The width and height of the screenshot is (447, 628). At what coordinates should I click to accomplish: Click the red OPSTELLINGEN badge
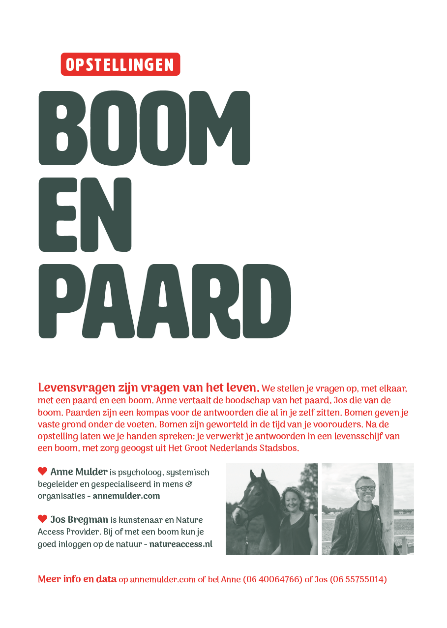(x=120, y=64)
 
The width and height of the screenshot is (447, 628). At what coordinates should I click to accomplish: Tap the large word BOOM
(x=144, y=128)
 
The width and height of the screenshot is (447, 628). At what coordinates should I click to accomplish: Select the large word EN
(x=85, y=215)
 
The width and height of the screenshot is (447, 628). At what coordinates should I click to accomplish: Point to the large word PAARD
(x=165, y=301)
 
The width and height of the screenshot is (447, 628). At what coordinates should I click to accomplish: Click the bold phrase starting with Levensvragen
(x=149, y=388)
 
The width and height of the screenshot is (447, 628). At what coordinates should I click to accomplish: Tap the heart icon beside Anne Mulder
(x=42, y=471)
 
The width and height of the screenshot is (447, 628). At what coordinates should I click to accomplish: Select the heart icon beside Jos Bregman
(x=42, y=519)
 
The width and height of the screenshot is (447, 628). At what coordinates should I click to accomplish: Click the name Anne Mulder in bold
(x=79, y=472)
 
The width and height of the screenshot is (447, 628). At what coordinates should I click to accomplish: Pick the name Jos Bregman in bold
(x=79, y=520)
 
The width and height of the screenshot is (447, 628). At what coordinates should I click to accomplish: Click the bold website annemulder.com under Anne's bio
(x=126, y=496)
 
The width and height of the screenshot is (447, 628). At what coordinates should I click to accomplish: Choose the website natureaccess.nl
(x=181, y=544)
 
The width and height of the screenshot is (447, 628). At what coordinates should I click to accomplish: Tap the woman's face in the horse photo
(x=291, y=499)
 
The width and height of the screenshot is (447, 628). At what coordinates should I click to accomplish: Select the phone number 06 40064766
(x=272, y=579)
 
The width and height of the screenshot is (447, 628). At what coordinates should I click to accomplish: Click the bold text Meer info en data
(x=77, y=579)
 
